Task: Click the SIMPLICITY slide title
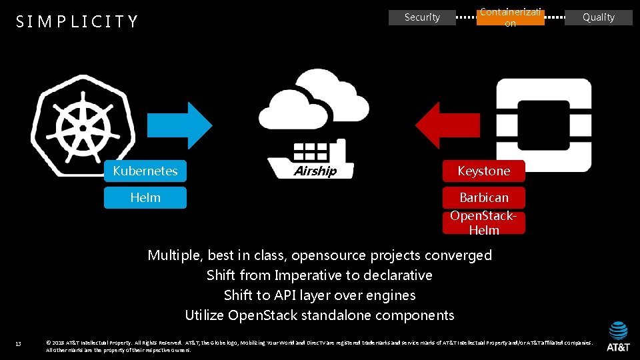(77, 22)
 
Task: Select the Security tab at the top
(422, 17)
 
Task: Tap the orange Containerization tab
(510, 17)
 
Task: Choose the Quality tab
(598, 17)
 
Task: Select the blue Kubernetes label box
(145, 171)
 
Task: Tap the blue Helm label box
(145, 197)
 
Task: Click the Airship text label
(315, 171)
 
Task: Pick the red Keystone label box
(483, 171)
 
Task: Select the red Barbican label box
(483, 197)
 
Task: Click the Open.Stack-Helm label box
(483, 223)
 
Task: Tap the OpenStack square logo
(545, 127)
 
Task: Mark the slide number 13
(19, 344)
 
